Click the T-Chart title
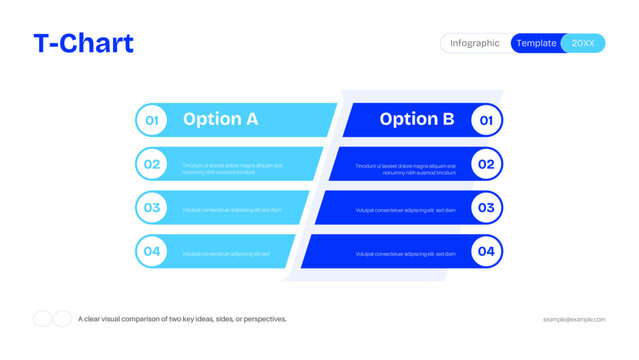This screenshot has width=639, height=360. (83, 43)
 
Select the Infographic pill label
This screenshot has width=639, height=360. (475, 43)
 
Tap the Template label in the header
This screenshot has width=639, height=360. (536, 43)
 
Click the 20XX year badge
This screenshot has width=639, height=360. (582, 43)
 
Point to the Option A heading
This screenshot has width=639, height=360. (220, 119)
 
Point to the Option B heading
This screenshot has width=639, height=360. (416, 119)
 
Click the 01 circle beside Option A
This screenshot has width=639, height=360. (152, 120)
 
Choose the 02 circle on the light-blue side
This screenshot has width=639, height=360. (152, 164)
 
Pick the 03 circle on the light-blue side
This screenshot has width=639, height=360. (152, 208)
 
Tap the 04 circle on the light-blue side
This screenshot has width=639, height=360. (152, 251)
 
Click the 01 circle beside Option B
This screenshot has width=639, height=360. (486, 120)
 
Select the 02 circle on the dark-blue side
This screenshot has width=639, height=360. (486, 164)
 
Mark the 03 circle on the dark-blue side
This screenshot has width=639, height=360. (486, 208)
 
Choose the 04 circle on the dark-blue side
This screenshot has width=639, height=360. (486, 251)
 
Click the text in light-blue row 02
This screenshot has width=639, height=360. (232, 168)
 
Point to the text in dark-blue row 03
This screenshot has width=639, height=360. (405, 210)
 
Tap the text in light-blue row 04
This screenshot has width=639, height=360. (226, 254)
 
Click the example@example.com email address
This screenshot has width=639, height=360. (574, 319)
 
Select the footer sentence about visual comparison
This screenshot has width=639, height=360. (182, 319)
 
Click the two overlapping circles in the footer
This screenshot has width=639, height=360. (52, 319)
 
